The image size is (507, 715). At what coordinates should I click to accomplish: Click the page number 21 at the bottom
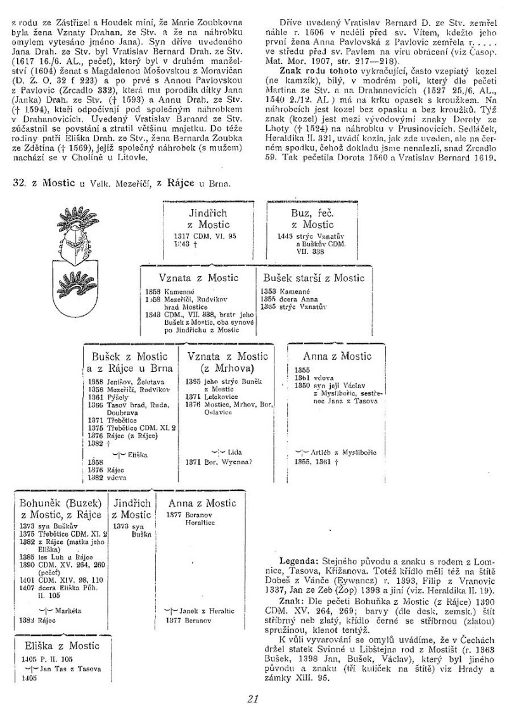click(253, 699)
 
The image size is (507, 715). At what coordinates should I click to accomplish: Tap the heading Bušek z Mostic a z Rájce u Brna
click(130, 362)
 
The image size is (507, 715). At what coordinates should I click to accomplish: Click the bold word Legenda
click(294, 562)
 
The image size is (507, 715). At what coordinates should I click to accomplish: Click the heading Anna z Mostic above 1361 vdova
click(337, 356)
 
